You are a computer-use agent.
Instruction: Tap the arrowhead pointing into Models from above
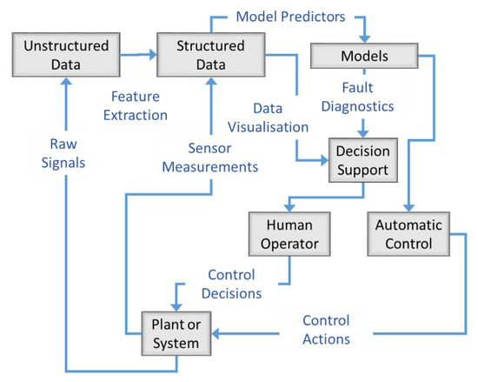[364, 37]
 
